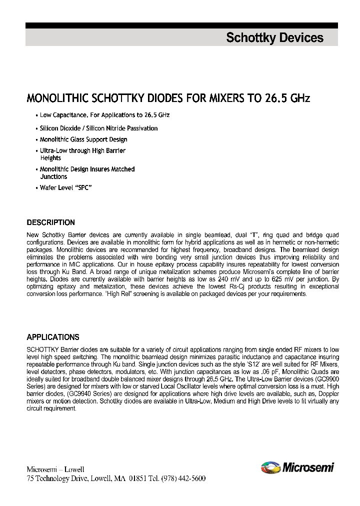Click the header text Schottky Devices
[x=274, y=38]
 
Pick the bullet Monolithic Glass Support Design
[x=83, y=139]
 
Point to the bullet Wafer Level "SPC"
[x=66, y=187]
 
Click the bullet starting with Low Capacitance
[x=104, y=115]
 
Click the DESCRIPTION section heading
[x=50, y=222]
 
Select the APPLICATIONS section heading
[x=52, y=337]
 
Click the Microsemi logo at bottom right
[x=297, y=468]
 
